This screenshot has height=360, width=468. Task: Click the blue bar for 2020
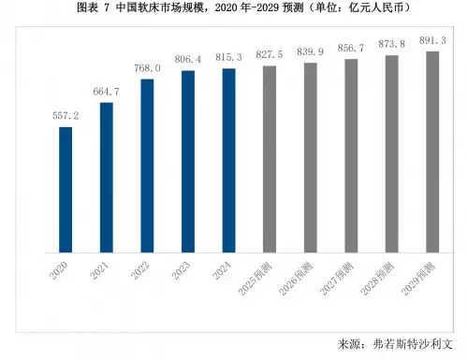(66, 190)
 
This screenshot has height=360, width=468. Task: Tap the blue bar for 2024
(228, 161)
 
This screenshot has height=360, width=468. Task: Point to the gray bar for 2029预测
(432, 152)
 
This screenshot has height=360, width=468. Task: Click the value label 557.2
(66, 117)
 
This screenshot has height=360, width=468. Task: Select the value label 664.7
(106, 92)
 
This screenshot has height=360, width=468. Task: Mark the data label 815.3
(228, 58)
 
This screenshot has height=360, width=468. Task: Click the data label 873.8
(391, 45)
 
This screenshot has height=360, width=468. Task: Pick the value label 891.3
(432, 41)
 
